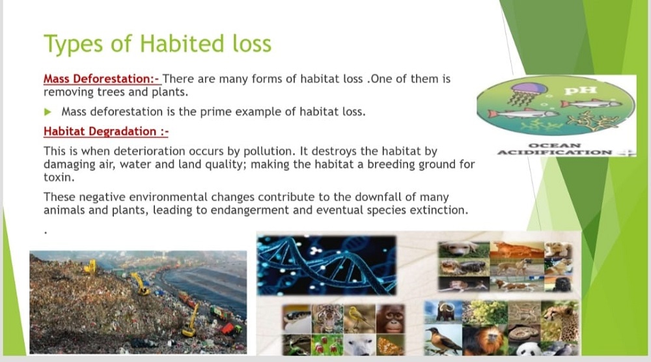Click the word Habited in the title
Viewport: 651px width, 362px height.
[182, 43]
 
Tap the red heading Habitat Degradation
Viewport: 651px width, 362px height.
[106, 131]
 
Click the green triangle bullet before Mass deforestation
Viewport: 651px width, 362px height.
[48, 112]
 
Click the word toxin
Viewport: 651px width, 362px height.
[59, 177]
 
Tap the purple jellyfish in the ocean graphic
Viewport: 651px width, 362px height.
[527, 94]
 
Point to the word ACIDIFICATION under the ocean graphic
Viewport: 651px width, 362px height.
[554, 152]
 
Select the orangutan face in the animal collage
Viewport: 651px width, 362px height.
[390, 319]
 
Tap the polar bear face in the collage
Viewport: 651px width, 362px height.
[359, 345]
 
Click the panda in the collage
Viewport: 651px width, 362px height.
[528, 348]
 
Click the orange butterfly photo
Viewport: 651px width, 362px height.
[390, 345]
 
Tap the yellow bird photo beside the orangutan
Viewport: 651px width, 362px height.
[359, 318]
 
